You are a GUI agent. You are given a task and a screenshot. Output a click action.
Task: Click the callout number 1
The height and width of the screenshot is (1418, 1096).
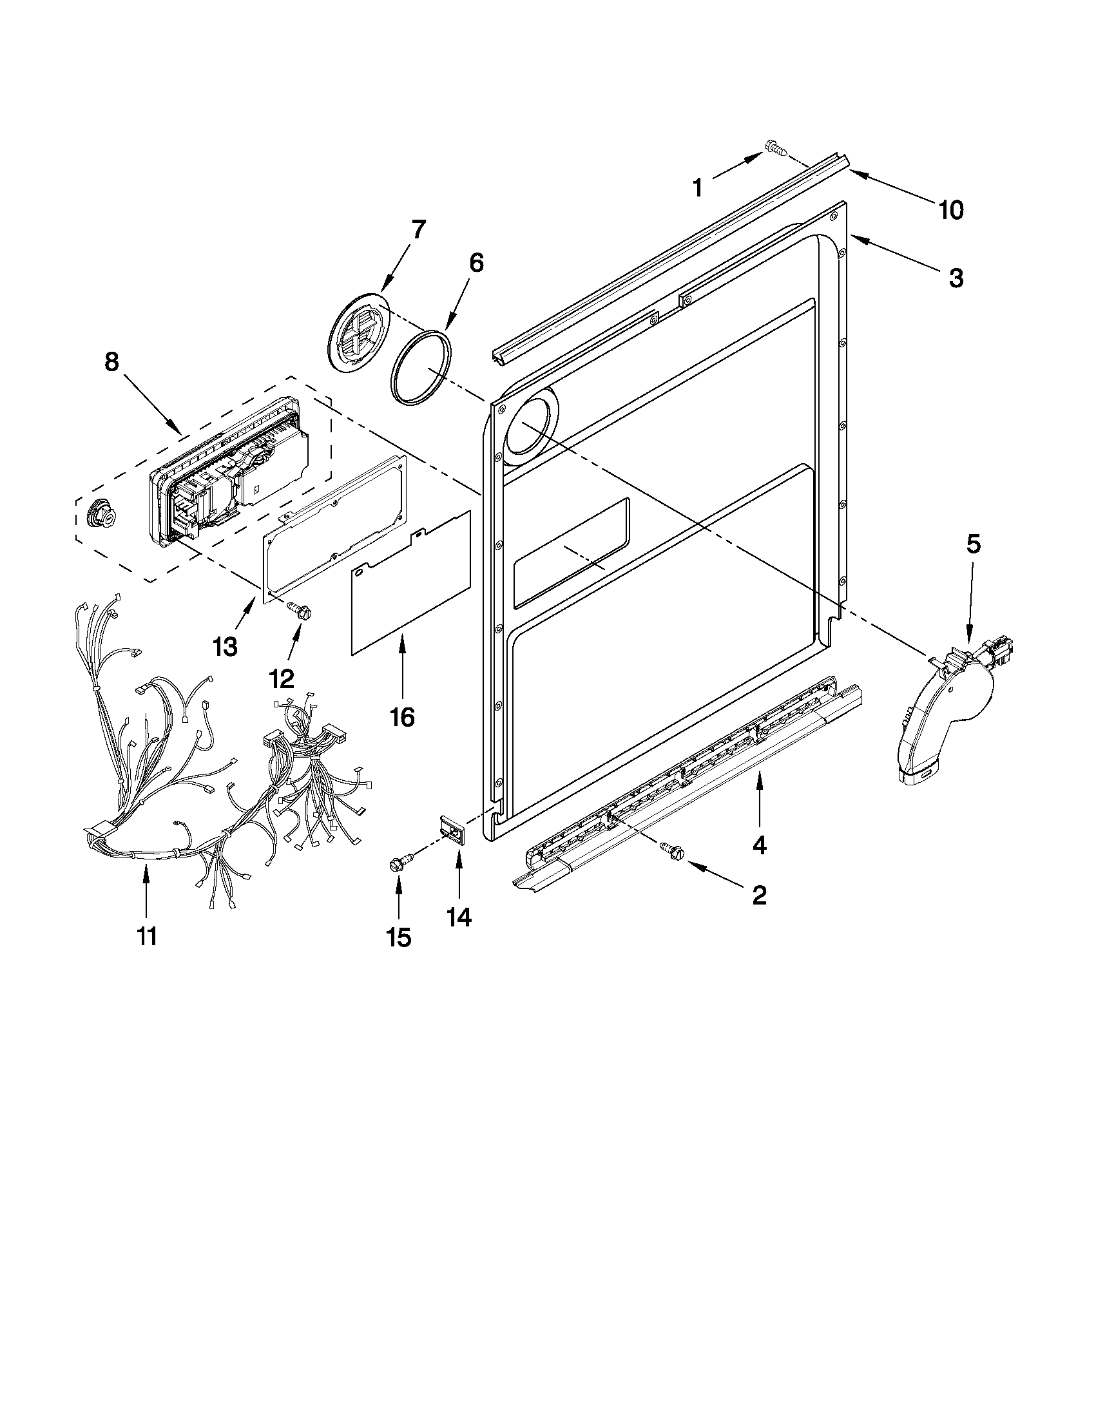[697, 187]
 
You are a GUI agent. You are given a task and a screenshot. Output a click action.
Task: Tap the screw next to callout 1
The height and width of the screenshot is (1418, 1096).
[776, 149]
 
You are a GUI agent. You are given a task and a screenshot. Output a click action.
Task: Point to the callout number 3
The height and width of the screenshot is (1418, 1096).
[956, 278]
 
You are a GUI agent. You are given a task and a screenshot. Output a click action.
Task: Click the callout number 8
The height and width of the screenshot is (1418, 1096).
[111, 361]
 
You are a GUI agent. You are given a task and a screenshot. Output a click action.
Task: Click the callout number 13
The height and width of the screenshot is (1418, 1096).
[226, 647]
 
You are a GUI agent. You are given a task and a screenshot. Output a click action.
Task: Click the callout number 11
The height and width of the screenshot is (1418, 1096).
[147, 936]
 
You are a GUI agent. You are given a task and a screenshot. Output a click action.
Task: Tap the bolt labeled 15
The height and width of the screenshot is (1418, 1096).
[396, 864]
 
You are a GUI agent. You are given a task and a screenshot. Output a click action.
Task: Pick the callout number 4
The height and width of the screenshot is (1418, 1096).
[759, 845]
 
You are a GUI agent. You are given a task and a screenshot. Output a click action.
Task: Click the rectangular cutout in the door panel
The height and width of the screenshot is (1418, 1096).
[572, 553]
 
